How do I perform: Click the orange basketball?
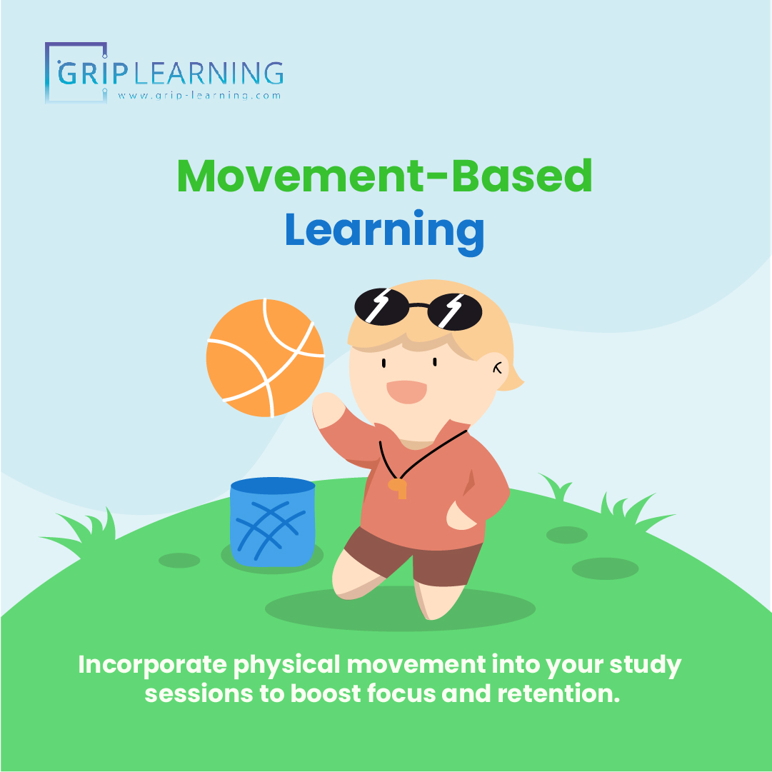[x=265, y=357]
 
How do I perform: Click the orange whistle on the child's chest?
[x=398, y=488]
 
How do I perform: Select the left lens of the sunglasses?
[x=381, y=306]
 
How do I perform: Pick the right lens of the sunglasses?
[x=456, y=311]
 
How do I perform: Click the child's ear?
[x=498, y=369]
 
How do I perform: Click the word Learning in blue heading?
[x=384, y=229]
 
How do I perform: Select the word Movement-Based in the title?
[x=384, y=176]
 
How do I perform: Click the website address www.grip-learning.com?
[x=199, y=95]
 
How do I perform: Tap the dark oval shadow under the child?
[x=400, y=611]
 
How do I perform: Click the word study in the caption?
[x=644, y=665]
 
